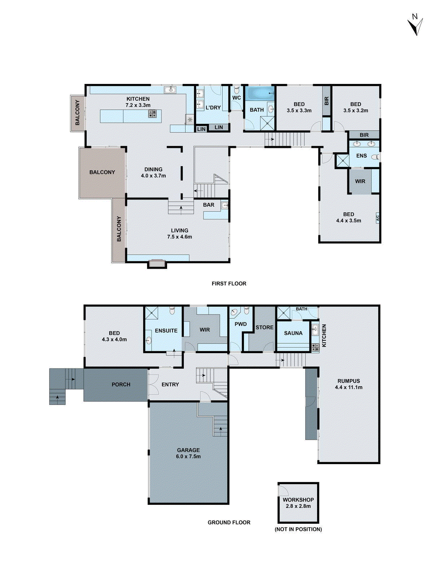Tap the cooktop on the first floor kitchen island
153,114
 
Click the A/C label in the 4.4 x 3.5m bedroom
378,218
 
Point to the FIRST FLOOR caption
229,283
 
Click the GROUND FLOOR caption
229,522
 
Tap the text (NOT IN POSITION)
298,529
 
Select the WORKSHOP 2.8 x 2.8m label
298,503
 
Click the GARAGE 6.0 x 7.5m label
188,453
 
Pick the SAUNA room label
293,333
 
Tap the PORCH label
121,384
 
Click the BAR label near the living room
209,205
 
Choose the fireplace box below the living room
157,264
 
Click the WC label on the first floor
236,98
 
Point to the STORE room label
264,327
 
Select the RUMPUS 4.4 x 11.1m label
349,384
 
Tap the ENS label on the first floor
361,156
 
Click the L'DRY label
213,107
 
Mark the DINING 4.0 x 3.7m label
153,172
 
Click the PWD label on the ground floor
241,324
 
